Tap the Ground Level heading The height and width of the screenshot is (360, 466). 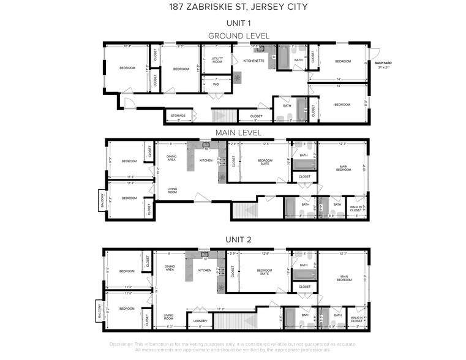tap(238, 36)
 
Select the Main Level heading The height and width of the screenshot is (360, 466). tap(238, 132)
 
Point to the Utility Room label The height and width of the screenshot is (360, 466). tap(217, 60)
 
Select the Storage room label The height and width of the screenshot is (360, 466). tap(178, 116)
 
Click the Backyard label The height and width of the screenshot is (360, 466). tap(383, 62)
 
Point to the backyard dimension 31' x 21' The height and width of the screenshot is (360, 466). tap(383, 67)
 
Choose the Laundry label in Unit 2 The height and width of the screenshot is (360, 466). tap(200, 321)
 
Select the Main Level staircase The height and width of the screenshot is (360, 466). tap(245, 211)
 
